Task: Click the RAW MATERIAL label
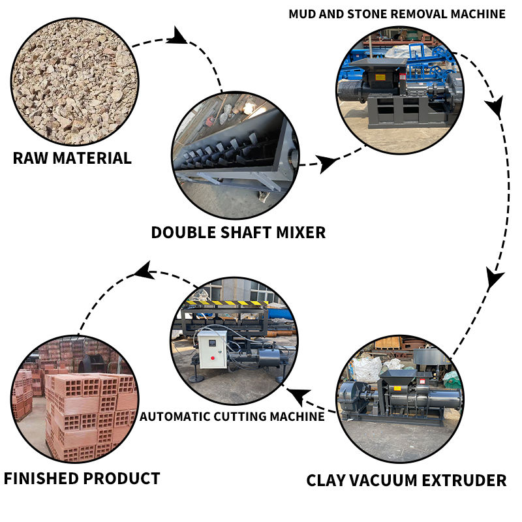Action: pos(72,158)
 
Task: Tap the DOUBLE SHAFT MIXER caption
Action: pos(238,232)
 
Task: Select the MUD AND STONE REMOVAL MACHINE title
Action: pos(397,14)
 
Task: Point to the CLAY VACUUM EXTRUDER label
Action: pos(406,480)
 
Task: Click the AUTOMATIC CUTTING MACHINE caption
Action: pos(232,416)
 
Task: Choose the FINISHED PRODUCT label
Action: pos(82,478)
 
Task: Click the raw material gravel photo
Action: pos(75,82)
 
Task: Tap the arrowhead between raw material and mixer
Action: pos(178,37)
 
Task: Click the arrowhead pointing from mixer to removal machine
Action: pos(326,163)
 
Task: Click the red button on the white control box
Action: pos(213,358)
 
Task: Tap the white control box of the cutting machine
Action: pos(213,349)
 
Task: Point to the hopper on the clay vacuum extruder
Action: pos(397,376)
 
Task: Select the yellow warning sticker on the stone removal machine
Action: pos(380,77)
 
